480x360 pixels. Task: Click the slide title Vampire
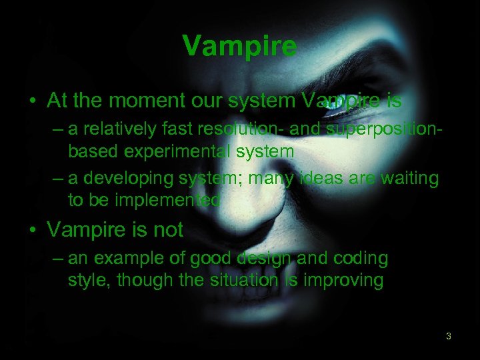pyautogui.click(x=240, y=46)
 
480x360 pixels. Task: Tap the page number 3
pyautogui.click(x=448, y=336)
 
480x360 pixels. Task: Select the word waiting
pyautogui.click(x=407, y=179)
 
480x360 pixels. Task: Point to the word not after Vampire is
pyautogui.click(x=167, y=230)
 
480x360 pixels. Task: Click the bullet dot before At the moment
pyautogui.click(x=33, y=101)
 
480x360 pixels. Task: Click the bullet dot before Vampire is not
pyautogui.click(x=33, y=231)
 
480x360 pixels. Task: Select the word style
pyautogui.click(x=89, y=280)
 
